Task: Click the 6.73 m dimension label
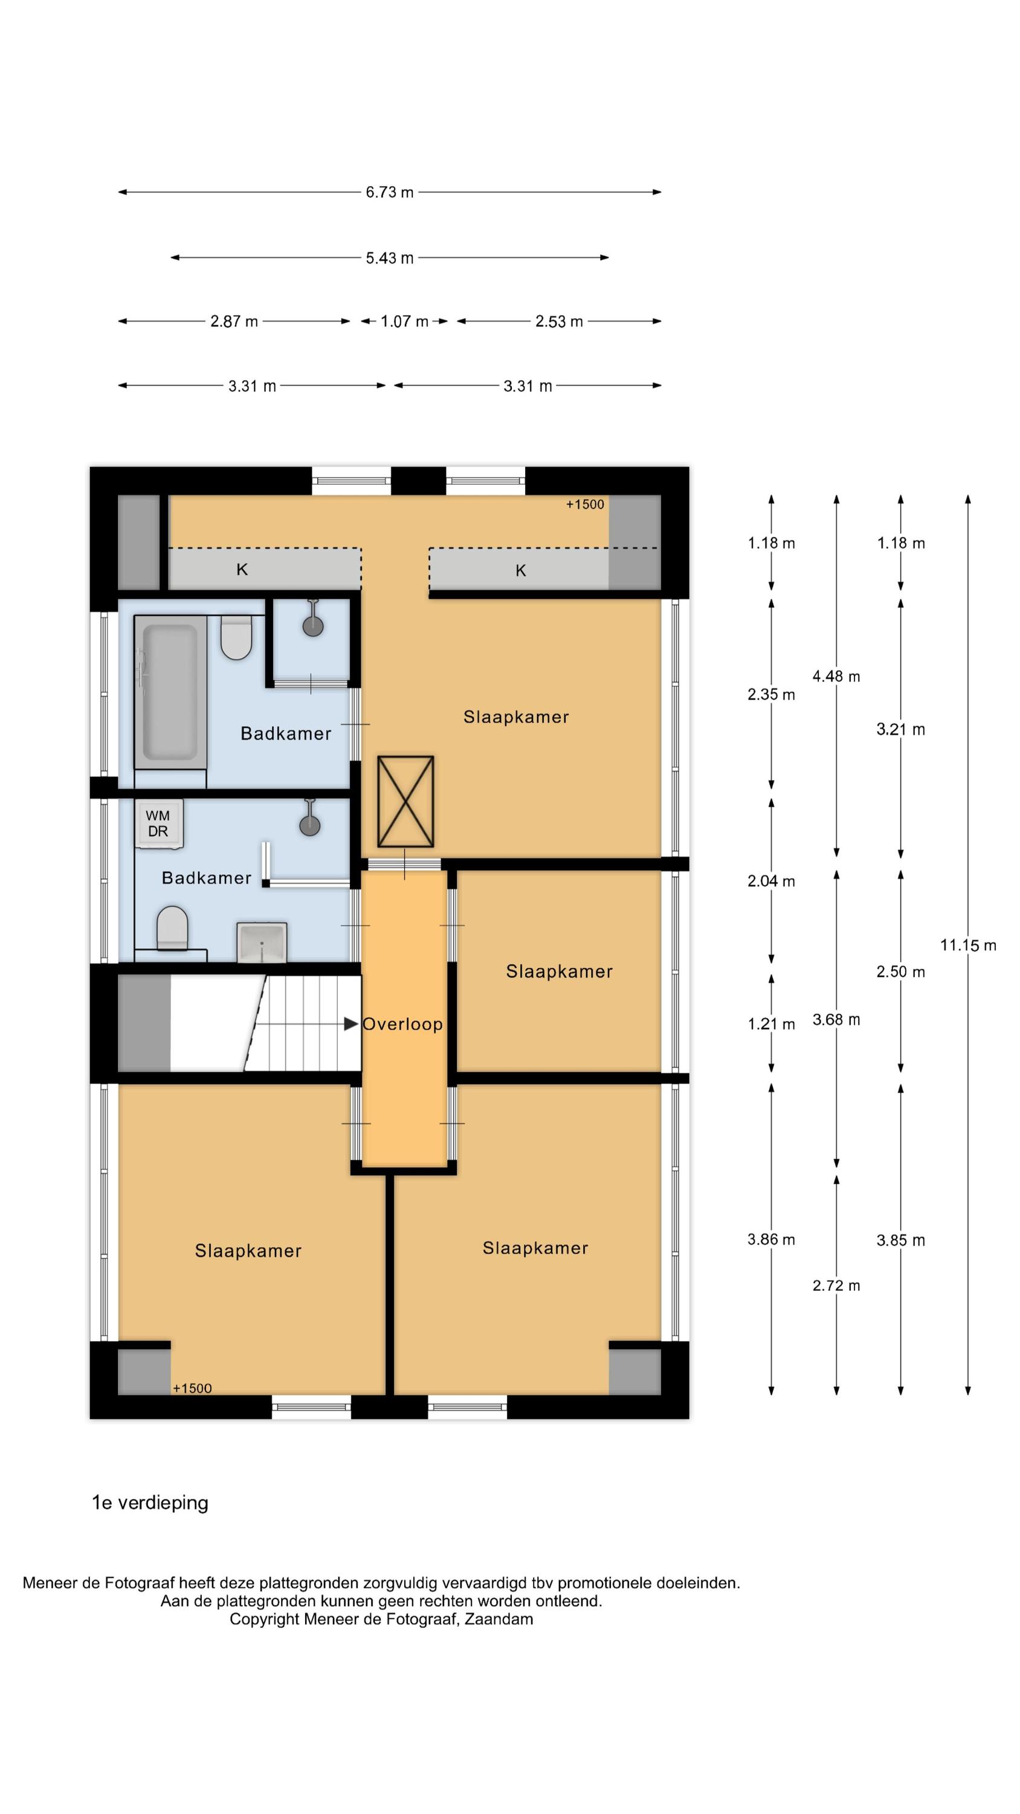(x=389, y=192)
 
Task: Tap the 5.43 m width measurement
(x=389, y=258)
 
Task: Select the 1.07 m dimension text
(x=404, y=321)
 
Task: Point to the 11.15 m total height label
(x=968, y=945)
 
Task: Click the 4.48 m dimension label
(x=836, y=676)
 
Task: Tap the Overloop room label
(x=402, y=1024)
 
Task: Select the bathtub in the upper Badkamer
(x=170, y=692)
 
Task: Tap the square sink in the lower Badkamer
(x=262, y=941)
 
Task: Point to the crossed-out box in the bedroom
(x=405, y=801)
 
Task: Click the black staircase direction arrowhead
(x=350, y=1024)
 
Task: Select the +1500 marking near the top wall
(x=585, y=504)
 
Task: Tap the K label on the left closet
(x=242, y=570)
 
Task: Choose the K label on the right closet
(x=521, y=570)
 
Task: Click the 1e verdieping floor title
(x=150, y=1503)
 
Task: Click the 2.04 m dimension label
(x=772, y=881)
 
